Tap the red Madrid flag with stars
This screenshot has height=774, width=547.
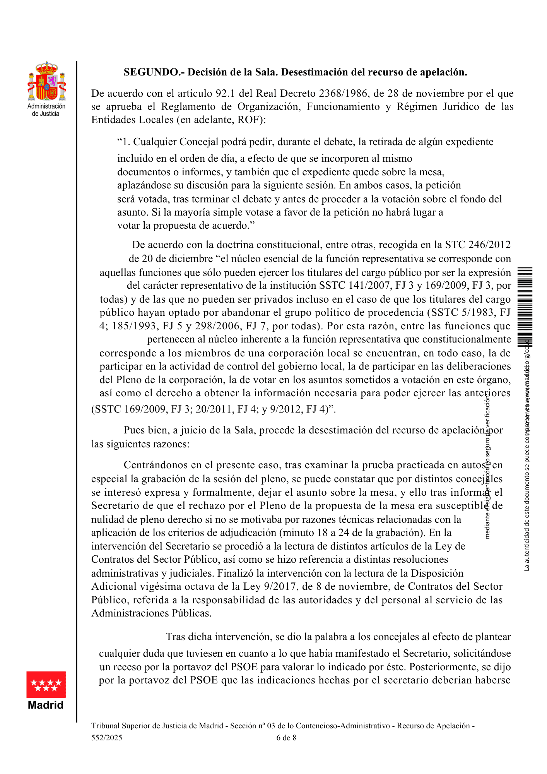click(46, 685)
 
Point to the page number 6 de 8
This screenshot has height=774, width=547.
click(286, 738)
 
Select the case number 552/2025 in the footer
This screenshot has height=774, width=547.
click(107, 738)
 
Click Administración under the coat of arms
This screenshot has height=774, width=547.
click(46, 106)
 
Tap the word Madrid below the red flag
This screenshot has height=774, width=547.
click(46, 705)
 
